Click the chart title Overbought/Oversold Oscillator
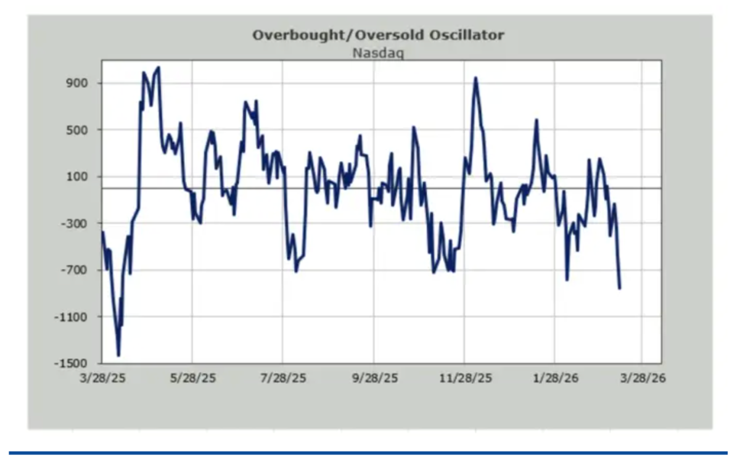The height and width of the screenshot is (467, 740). coord(378,35)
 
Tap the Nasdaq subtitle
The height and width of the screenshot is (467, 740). coord(378,52)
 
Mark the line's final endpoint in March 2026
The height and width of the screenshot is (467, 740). coord(620,288)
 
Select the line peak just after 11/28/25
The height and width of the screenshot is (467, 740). coord(475,78)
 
